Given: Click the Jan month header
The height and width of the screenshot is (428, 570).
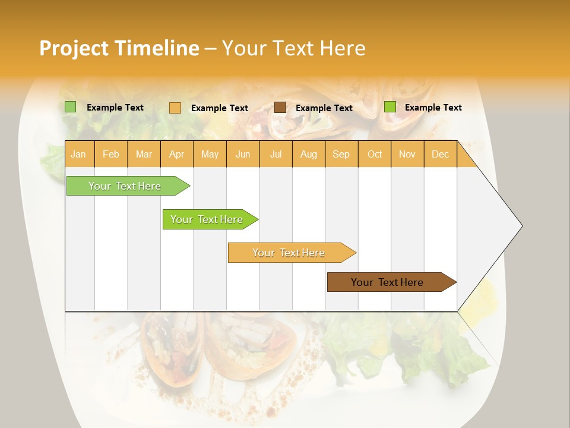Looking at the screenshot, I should (x=78, y=154).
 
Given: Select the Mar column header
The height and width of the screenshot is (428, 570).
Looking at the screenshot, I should (x=144, y=154).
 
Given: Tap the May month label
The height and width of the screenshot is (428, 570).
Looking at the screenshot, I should (x=210, y=154).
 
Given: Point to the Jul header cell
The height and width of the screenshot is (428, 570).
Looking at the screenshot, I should (x=275, y=154).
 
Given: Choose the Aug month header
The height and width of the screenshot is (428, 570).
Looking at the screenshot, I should (x=308, y=154).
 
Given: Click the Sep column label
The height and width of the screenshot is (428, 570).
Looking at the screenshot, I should (x=341, y=154).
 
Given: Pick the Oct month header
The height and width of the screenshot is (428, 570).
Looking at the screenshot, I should (x=375, y=154).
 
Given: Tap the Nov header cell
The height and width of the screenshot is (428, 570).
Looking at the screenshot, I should (x=407, y=154).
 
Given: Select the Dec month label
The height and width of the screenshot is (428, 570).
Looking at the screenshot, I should (x=440, y=154).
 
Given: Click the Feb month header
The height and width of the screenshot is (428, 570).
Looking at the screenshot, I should (x=111, y=154).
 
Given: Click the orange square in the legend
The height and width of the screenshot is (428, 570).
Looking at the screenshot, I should (x=175, y=108).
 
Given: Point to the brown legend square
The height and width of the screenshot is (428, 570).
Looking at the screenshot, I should (x=280, y=108).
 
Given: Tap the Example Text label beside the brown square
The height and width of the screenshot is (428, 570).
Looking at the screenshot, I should (x=324, y=108).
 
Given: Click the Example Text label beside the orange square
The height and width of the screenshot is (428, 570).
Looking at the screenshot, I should (x=219, y=108).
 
